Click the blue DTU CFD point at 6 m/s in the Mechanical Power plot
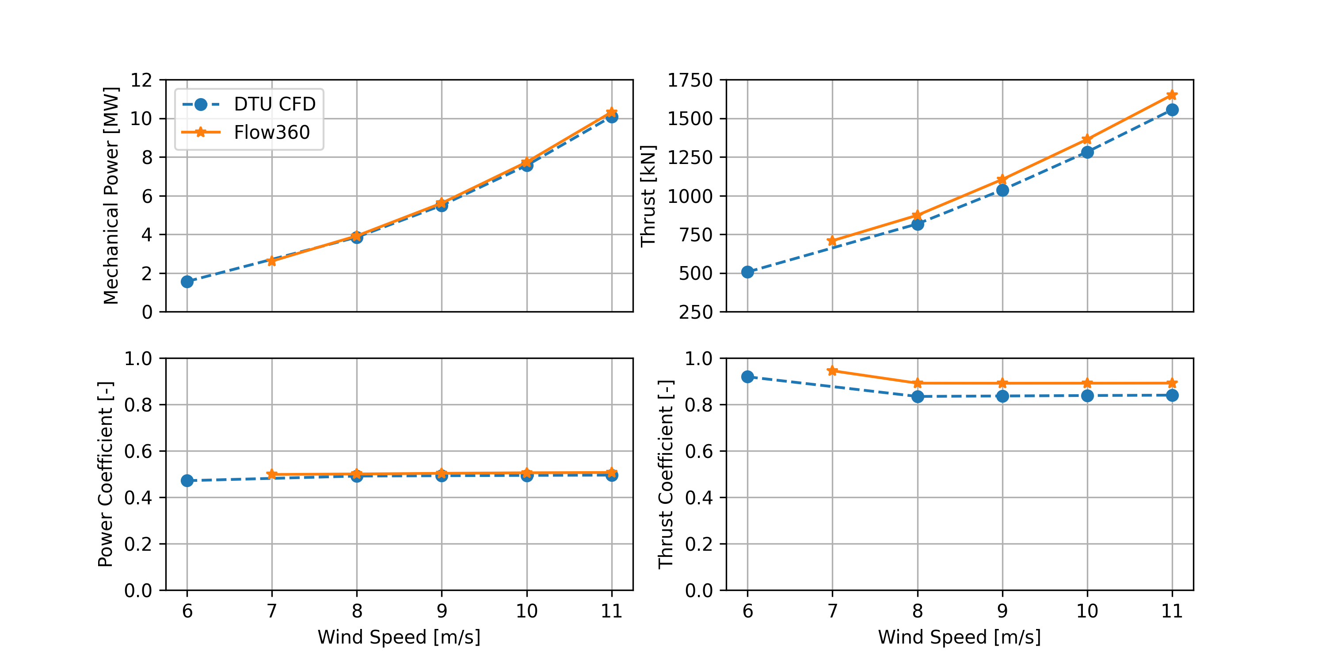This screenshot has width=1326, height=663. point(187,282)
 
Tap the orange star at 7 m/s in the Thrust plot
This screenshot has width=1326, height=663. point(832,241)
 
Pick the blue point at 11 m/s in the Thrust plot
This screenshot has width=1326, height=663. point(1172,110)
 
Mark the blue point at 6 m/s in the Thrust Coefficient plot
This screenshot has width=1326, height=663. point(747,377)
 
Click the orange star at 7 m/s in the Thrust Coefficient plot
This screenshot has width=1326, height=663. point(832,371)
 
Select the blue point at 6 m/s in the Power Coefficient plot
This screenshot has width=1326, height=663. point(187,480)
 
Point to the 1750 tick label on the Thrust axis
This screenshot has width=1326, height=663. point(690,80)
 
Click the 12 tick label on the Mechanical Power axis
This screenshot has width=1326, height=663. point(141,80)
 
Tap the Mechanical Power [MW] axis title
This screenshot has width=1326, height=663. point(111,196)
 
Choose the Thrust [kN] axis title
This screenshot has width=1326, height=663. point(648,196)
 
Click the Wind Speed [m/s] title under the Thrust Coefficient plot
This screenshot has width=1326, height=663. point(960,637)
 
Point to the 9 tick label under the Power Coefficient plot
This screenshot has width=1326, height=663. point(442,611)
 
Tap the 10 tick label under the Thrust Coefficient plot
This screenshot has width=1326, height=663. point(1087,611)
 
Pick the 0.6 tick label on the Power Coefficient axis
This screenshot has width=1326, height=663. point(138,451)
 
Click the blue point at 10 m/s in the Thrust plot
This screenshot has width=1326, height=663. point(1087,152)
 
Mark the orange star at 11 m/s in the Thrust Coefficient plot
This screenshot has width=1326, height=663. point(1172,383)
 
